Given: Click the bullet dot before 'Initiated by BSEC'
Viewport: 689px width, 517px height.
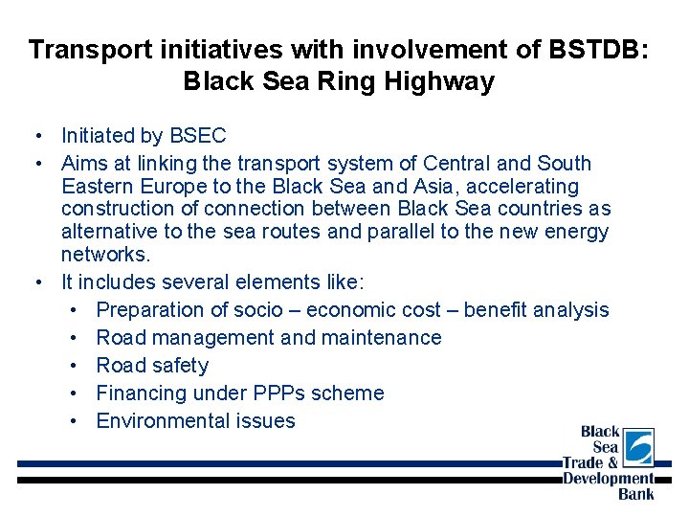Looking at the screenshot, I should [x=35, y=136].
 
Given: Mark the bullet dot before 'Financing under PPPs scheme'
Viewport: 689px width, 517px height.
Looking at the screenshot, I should [x=75, y=393].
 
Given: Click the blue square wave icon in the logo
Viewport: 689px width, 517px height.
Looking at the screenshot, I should [x=638, y=446].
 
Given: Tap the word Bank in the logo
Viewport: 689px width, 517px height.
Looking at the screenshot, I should [x=636, y=493].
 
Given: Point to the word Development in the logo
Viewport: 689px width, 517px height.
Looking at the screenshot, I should [x=608, y=478].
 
